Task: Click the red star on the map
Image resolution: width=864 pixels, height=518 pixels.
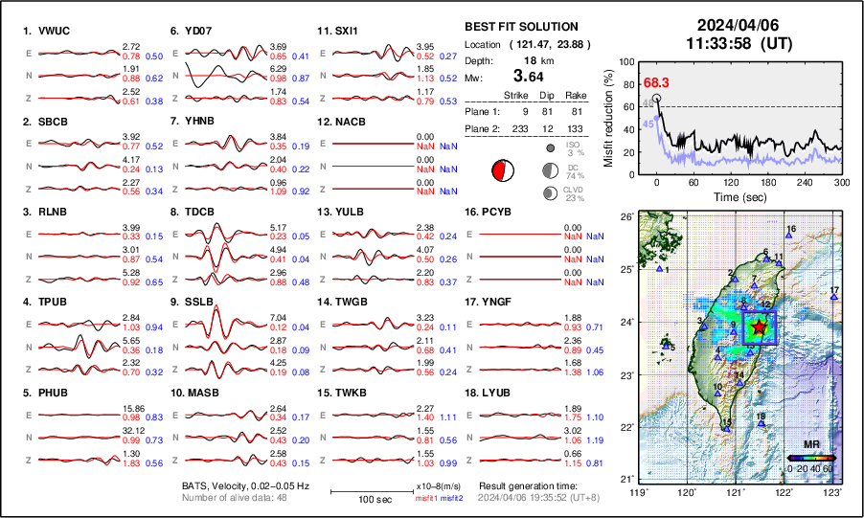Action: [x=760, y=327]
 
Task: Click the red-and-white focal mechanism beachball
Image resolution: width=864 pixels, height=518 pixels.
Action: [x=501, y=171]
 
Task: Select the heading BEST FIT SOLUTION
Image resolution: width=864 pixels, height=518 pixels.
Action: [x=520, y=26]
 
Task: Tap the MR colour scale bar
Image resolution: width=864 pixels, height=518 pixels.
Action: [x=809, y=459]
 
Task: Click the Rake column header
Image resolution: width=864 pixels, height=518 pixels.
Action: [x=580, y=95]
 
